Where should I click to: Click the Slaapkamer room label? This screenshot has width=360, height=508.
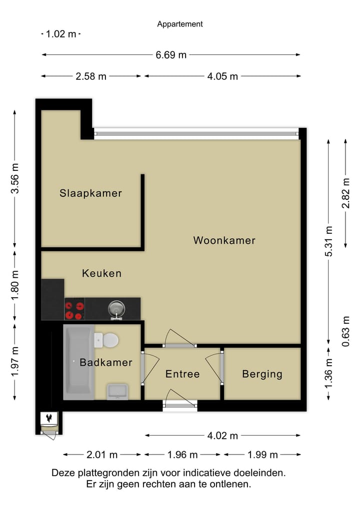90,193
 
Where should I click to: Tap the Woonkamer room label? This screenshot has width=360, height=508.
224,240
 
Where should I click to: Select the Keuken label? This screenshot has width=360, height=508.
101,273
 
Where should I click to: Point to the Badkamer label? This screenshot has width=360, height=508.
106,363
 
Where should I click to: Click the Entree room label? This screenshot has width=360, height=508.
182,374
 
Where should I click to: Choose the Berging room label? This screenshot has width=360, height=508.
262,374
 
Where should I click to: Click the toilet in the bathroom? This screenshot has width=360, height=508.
106,340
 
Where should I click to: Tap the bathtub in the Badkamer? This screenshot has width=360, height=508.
78,362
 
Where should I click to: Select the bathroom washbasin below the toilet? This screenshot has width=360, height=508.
117,391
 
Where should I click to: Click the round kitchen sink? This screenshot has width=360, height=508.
116,309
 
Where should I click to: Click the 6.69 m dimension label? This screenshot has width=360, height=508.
171,55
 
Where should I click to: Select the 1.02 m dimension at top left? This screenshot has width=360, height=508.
60,34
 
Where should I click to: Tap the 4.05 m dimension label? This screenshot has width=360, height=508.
222,76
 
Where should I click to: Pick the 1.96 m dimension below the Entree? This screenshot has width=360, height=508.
182,455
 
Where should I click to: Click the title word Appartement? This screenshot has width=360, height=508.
180,24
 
